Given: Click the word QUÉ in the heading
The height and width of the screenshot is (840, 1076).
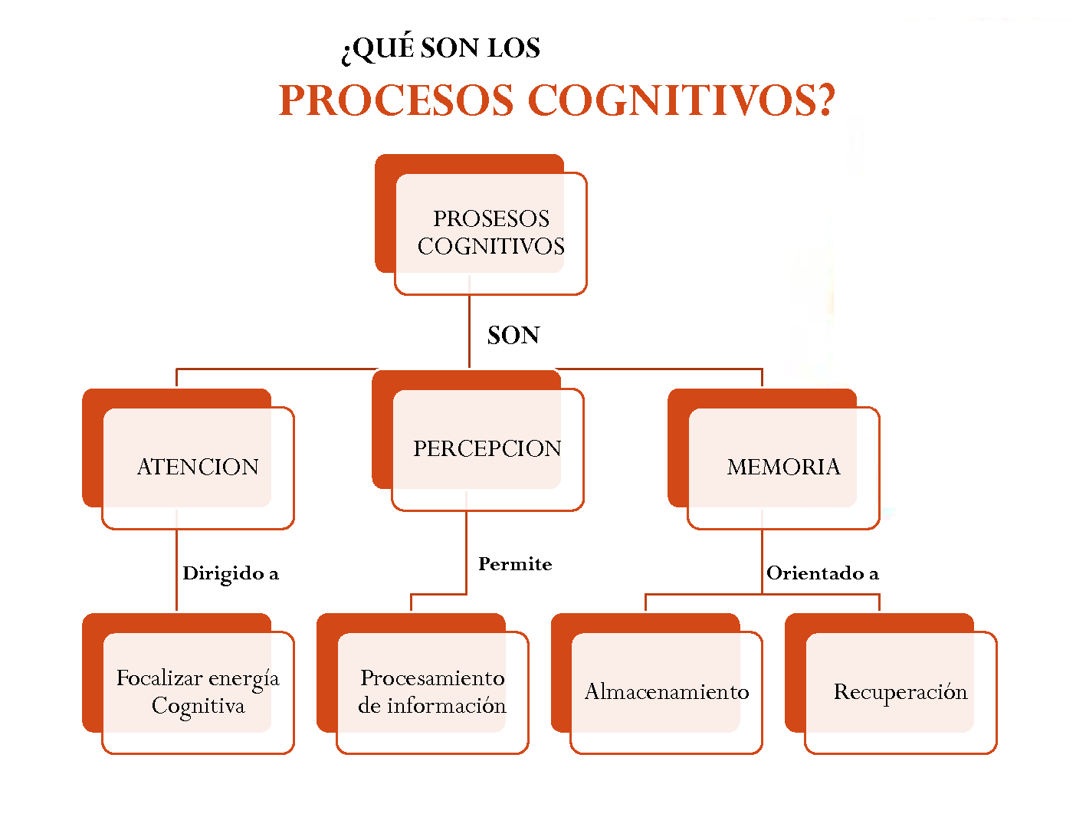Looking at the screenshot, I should click(382, 48).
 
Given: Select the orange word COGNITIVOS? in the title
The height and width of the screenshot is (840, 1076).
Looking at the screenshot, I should click(681, 100).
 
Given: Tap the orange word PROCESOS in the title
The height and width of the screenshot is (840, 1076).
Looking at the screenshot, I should click(396, 100).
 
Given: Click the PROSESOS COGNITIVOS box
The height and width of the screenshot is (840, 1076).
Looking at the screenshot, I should click(490, 232).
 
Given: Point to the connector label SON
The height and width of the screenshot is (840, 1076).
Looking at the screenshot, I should click(513, 336).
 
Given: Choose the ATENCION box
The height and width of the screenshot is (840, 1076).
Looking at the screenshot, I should click(198, 467).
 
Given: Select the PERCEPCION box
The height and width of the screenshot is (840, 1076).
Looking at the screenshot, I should click(487, 448).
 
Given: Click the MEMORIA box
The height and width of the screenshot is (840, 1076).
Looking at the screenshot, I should click(783, 467).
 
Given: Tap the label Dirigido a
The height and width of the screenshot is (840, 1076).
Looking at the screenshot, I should click(230, 573).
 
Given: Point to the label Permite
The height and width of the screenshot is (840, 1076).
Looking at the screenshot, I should click(515, 564).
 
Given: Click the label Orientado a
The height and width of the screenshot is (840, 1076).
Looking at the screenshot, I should click(822, 573).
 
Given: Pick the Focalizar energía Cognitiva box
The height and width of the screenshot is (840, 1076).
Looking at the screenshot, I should click(198, 691).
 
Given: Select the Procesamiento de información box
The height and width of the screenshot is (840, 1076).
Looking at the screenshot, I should click(432, 691).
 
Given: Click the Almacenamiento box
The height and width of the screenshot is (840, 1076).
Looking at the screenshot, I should click(667, 691).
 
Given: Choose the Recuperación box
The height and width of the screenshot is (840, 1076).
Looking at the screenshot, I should click(900, 691).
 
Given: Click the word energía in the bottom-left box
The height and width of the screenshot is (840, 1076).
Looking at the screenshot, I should click(244, 679).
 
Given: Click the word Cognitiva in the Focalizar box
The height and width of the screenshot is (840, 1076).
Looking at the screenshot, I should click(198, 706).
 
